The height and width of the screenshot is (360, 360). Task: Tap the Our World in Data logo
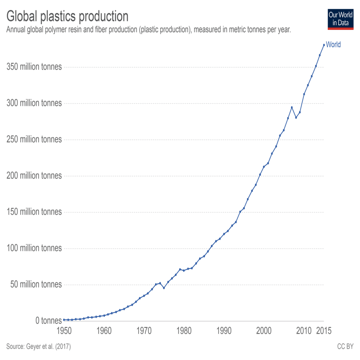click(x=340, y=19)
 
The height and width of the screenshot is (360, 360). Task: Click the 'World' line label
click(x=333, y=45)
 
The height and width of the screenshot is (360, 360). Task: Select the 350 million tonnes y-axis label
click(x=35, y=67)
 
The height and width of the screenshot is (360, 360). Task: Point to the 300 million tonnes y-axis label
click(x=35, y=103)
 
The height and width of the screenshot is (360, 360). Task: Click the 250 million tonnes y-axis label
click(x=35, y=139)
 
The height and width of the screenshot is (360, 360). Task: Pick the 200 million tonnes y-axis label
click(x=35, y=176)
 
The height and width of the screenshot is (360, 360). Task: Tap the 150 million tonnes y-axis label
click(x=35, y=212)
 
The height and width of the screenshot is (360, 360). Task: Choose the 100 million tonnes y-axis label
click(x=35, y=248)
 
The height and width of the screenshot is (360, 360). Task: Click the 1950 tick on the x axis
click(x=64, y=331)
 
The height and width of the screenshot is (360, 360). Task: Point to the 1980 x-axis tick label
click(x=184, y=331)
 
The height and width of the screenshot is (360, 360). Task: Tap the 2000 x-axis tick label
click(x=264, y=331)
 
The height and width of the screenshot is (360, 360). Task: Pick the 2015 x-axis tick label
click(x=324, y=331)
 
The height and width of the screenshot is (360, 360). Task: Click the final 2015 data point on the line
click(x=324, y=45)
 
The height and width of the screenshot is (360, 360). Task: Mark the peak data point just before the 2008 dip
click(x=292, y=107)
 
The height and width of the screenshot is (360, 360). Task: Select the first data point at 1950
click(x=64, y=319)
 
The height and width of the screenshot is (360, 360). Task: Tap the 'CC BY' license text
click(x=345, y=347)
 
